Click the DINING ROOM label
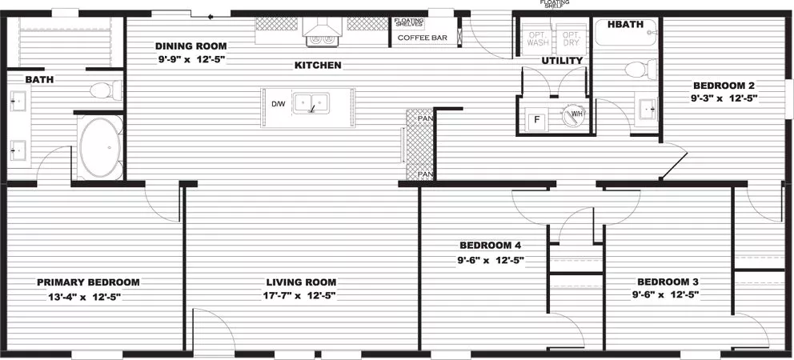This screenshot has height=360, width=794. coord(190,46)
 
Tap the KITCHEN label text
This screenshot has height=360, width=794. coord(318,65)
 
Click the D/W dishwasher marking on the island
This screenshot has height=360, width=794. coord(278,105)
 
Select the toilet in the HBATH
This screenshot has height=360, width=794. coord(637,70)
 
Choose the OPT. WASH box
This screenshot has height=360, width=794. coord(538,39)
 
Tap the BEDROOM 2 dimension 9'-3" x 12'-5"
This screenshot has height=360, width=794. coord(724,98)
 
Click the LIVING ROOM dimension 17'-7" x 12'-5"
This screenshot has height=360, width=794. coord(301,295)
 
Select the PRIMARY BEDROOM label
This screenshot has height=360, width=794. coord(88,282)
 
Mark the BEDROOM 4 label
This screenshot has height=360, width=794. coord(491,246)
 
